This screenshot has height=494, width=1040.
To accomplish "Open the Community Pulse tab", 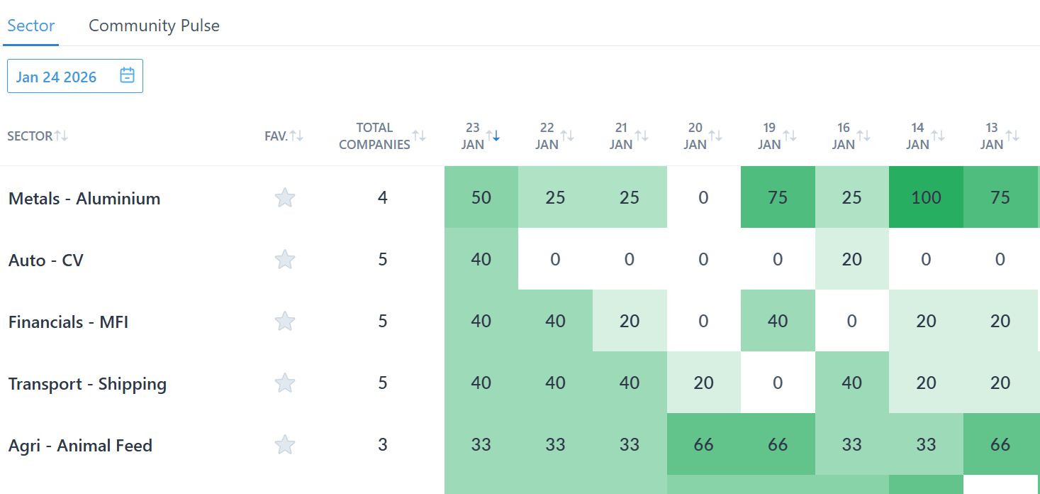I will pos(154,26).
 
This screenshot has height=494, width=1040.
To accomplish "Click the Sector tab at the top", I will pos(31,26).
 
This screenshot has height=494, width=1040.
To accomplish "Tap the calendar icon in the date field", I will pos(127,76).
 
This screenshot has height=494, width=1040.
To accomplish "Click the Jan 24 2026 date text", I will pos(57,77).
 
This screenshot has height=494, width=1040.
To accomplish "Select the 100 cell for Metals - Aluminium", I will pos(926,198).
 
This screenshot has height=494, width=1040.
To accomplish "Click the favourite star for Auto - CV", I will pos(285,260).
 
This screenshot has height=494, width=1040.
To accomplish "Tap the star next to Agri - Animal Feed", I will pos(285,445).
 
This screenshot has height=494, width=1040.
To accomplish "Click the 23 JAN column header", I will pos(473,136).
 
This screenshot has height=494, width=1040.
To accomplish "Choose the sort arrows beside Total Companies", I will pos(420,136).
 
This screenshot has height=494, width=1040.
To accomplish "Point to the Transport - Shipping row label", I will pos(87,384).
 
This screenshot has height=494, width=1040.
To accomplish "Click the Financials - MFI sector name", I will pos(68,322).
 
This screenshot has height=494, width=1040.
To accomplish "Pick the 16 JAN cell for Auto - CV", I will pos(851,260).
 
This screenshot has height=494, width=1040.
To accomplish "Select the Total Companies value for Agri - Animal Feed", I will pos(383,445).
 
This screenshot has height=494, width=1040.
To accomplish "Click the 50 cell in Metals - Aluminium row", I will pos(481,198).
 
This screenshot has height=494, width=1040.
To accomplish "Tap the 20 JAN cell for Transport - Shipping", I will pos(703,383).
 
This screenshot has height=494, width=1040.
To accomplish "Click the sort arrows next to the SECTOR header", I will pos(62,136).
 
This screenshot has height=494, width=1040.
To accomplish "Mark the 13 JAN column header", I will pos(992,136).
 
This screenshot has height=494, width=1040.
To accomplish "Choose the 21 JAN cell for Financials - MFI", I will pos(629,322).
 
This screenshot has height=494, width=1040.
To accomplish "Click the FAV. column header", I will pos(276,136).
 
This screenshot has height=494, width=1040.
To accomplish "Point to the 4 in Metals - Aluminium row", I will pos(383,198).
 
